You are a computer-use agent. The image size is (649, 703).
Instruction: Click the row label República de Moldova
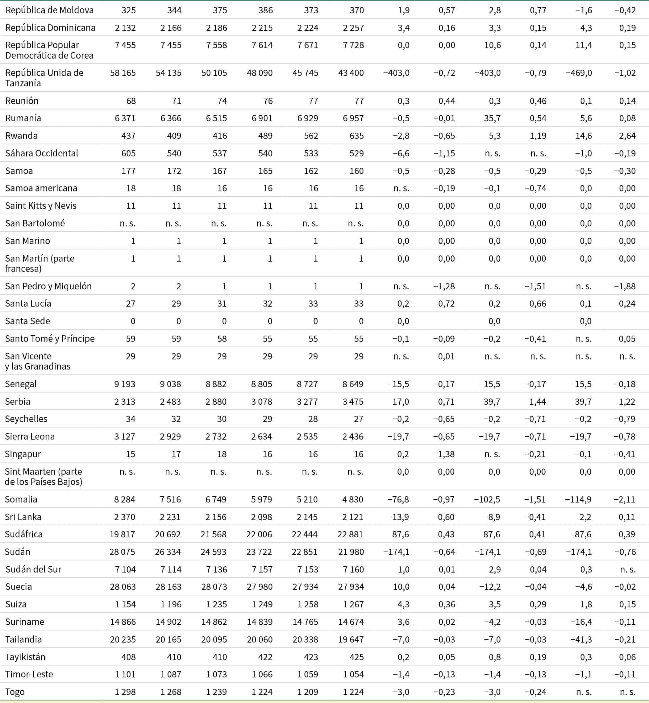[x=49, y=10]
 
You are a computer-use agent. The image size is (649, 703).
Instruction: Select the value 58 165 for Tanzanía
[x=123, y=73]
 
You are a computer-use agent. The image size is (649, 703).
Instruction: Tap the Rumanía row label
[x=23, y=118]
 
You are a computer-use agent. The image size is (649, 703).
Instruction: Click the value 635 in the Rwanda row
[x=356, y=136]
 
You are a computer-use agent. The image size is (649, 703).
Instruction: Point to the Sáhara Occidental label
[x=41, y=153]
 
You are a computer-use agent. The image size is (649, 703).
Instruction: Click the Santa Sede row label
[x=27, y=321]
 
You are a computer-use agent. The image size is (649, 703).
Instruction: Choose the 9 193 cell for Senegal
[x=125, y=384]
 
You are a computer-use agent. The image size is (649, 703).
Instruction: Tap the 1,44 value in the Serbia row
[x=537, y=402]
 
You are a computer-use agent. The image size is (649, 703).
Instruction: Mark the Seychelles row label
[x=26, y=419]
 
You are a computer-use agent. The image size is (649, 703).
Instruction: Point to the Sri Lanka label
[x=23, y=517]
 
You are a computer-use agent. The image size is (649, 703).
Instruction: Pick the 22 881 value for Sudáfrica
[x=351, y=534]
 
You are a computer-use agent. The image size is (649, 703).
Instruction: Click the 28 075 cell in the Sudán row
[x=122, y=552]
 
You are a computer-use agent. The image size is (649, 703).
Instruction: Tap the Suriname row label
[x=25, y=622]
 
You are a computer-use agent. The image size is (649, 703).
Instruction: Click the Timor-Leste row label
[x=29, y=674]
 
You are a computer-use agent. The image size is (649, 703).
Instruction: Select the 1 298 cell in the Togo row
[x=125, y=692]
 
